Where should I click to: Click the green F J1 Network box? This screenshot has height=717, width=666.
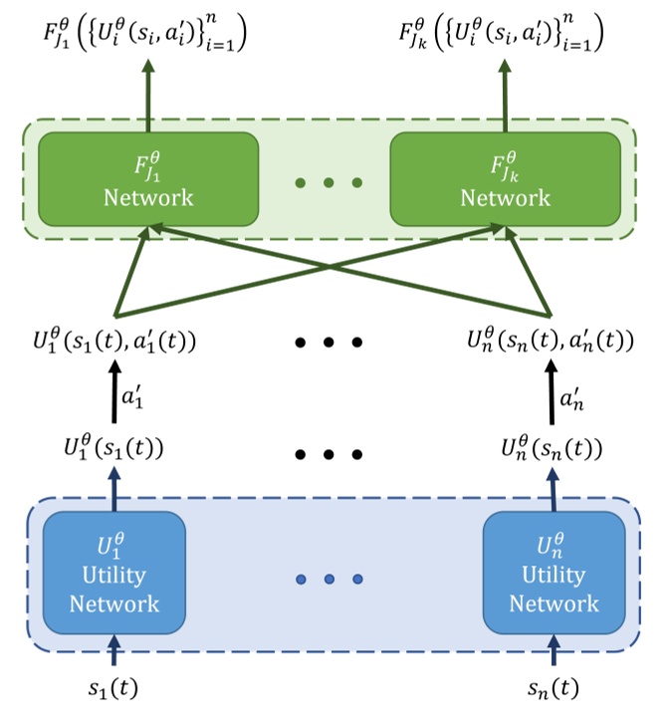148,178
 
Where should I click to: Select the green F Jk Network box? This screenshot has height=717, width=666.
505,178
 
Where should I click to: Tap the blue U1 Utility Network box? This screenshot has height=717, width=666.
113,574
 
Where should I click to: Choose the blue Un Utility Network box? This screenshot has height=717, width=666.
554,574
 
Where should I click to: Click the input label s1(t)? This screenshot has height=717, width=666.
113,687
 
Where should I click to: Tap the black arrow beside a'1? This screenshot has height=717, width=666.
113,395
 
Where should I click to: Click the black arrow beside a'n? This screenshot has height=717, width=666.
554,395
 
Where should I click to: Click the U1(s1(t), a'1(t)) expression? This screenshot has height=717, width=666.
114,343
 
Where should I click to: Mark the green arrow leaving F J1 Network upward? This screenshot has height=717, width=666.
148,96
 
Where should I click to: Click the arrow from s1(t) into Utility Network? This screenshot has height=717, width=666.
113,651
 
